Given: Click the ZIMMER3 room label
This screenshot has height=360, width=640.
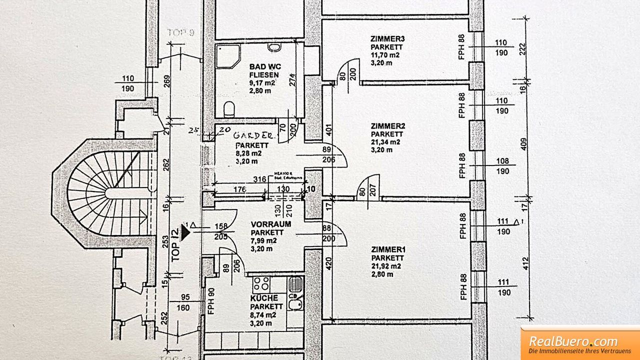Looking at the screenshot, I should pyautogui.click(x=387, y=38).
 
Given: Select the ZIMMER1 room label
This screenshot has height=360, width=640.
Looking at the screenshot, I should pyautogui.click(x=387, y=249).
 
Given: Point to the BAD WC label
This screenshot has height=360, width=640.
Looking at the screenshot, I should pyautogui.click(x=265, y=66).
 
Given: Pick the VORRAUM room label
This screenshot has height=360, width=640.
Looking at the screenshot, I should pyautogui.click(x=270, y=224).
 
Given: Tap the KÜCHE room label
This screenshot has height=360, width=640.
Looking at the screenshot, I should pyautogui.click(x=264, y=298).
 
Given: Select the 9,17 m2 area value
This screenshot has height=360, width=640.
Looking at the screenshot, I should pyautogui.click(x=262, y=83).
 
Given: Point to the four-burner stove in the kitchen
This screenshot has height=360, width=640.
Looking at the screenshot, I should pyautogui.click(x=261, y=284).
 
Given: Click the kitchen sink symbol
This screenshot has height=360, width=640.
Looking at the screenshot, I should pyautogui.click(x=295, y=285).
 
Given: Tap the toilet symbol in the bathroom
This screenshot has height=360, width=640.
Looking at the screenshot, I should pyautogui.click(x=229, y=109).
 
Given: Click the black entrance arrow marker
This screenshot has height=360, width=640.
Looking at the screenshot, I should pyautogui.click(x=186, y=231).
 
